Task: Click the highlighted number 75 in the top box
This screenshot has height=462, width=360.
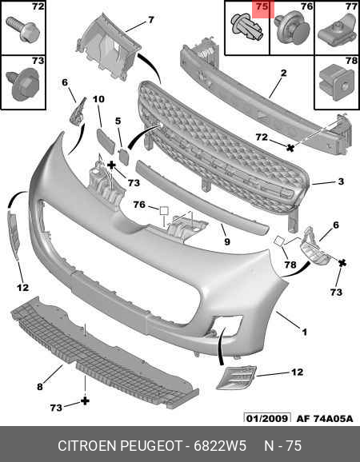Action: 262,6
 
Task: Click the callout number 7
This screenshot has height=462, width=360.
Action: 150,20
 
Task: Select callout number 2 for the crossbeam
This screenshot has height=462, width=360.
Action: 283,73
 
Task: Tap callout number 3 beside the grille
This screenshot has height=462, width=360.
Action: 341,181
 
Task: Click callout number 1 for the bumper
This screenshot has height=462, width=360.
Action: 305,333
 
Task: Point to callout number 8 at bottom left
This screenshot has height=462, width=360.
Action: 40,386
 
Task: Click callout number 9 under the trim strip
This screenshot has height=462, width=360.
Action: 226,242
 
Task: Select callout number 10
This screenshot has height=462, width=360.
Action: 98,99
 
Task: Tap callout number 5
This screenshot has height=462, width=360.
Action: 118,121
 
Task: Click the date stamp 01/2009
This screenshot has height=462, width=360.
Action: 267,418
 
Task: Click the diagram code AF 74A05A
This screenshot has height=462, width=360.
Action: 325,418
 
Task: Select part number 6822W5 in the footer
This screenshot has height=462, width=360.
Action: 220,446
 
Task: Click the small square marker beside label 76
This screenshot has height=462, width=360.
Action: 164,211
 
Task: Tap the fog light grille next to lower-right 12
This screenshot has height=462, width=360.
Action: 237,377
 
